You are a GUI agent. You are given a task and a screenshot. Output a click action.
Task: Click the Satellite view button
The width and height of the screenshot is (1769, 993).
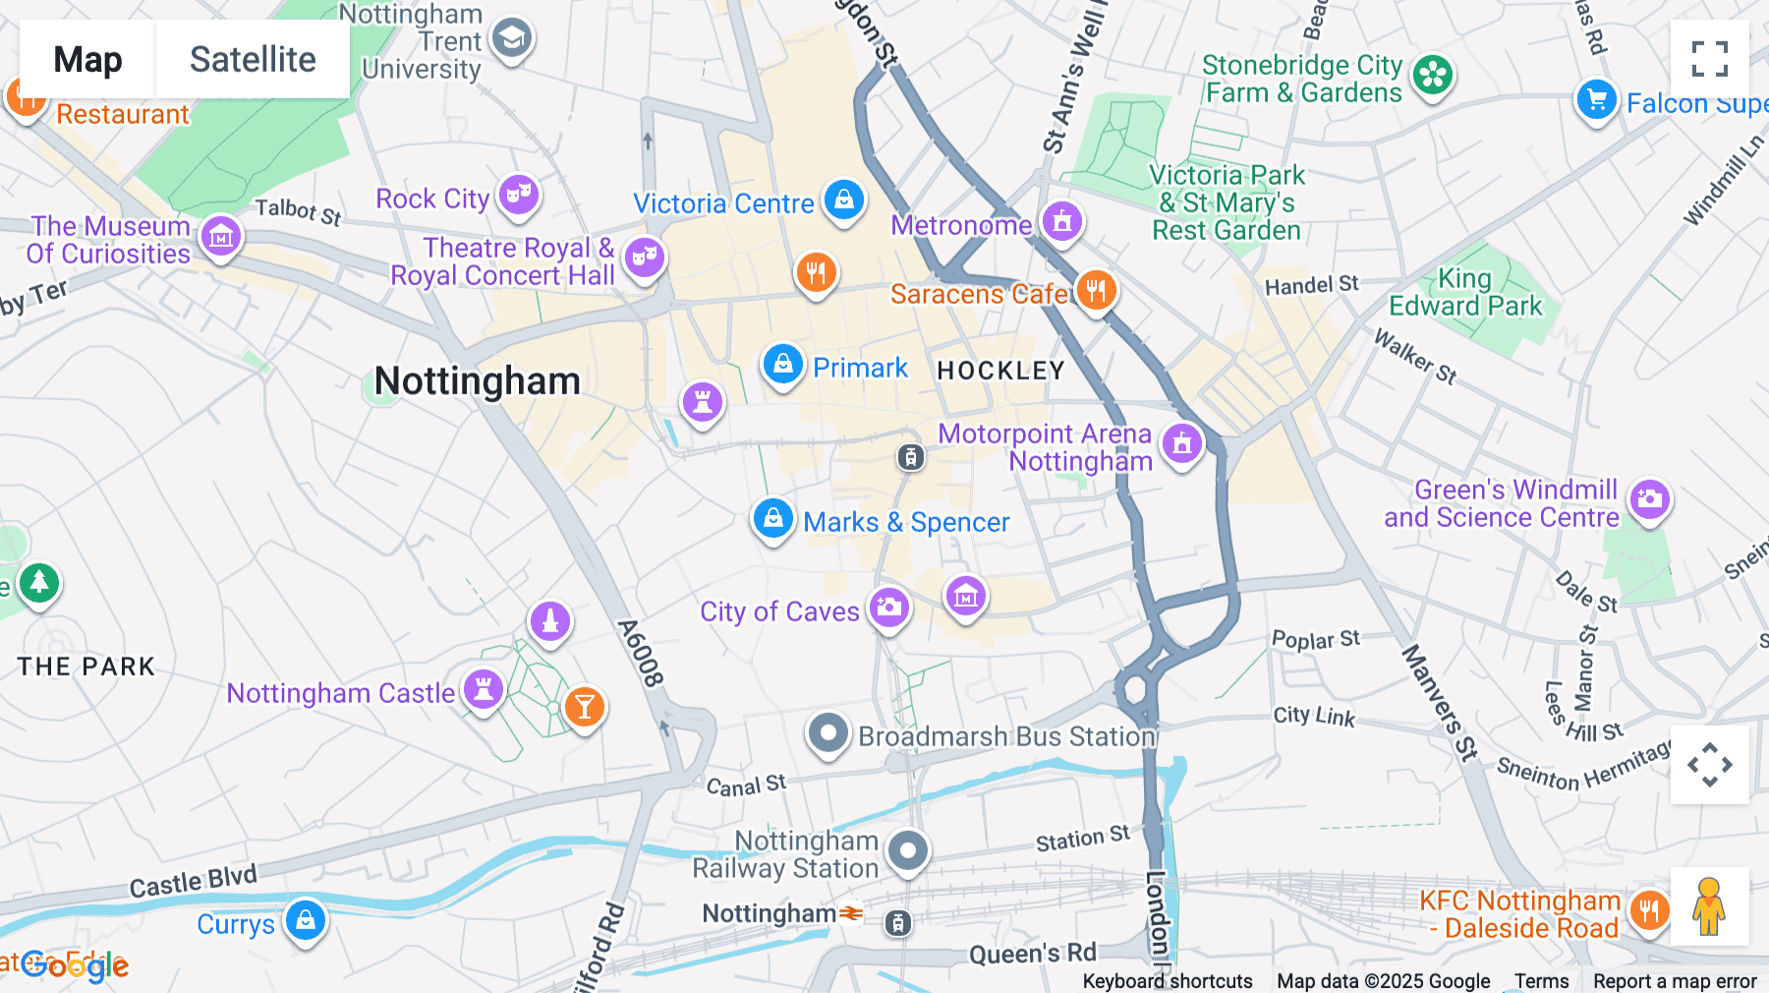pyautogui.click(x=253, y=60)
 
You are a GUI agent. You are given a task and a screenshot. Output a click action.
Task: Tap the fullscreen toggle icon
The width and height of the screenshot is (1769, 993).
pyautogui.click(x=1709, y=59)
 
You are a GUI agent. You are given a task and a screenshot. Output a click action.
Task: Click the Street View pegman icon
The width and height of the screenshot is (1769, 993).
pyautogui.click(x=1709, y=905)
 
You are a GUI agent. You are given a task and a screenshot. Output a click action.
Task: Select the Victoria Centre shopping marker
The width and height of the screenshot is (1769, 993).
pyautogui.click(x=843, y=200)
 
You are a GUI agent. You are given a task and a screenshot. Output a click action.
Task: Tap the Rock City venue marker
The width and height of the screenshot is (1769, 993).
pyautogui.click(x=519, y=195)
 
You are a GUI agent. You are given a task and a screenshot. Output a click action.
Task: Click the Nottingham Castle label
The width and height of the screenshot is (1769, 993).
pyautogui.click(x=340, y=693)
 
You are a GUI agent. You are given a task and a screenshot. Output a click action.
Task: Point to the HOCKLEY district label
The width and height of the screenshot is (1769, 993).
pyautogui.click(x=1000, y=371)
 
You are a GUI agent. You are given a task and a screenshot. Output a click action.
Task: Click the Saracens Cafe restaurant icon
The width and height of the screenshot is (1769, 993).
pyautogui.click(x=1096, y=290)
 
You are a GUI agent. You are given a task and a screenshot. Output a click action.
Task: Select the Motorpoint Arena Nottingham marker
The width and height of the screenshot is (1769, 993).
pyautogui.click(x=1182, y=443)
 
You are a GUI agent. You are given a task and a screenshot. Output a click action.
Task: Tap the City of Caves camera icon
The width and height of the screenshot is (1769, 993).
pyautogui.click(x=889, y=607)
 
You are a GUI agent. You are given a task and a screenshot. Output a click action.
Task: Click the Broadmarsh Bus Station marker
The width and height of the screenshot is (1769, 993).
pyautogui.click(x=828, y=733)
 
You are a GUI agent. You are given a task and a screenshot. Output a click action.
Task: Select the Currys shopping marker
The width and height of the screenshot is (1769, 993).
pyautogui.click(x=306, y=921)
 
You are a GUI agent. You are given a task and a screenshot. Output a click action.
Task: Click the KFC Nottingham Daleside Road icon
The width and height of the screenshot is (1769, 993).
pyautogui.click(x=1649, y=910)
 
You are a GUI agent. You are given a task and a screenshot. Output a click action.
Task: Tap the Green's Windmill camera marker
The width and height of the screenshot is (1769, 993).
pyautogui.click(x=1650, y=499)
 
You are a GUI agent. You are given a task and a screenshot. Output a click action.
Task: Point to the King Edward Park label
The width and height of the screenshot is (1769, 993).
pyautogui.click(x=1464, y=293)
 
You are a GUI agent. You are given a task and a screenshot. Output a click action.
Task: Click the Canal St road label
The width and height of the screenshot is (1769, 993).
pyautogui.click(x=746, y=786)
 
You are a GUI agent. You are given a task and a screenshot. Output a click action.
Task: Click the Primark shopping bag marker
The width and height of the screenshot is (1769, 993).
pyautogui.click(x=782, y=365)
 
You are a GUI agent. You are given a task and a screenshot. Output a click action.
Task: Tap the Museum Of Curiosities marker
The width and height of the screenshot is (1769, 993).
pyautogui.click(x=221, y=237)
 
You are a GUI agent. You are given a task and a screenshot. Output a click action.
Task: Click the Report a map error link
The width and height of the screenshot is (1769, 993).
pyautogui.click(x=1675, y=981)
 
